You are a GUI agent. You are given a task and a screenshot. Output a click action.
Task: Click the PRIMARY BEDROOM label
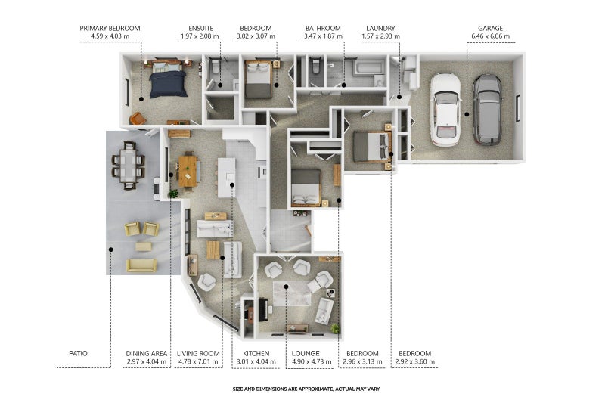click(110, 28)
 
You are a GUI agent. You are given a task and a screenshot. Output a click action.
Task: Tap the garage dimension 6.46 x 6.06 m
click(490, 36)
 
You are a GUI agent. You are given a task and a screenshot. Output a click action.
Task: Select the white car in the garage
click(445, 110)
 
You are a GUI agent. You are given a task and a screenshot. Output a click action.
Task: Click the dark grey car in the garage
click(488, 110)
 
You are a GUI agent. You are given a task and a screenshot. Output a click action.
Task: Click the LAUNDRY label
click(380, 28)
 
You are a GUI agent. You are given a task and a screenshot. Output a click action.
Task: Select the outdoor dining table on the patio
click(128, 166)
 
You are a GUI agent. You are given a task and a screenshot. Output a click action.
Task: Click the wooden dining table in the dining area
click(188, 171)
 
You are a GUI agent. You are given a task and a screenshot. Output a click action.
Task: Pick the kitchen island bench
click(226, 178)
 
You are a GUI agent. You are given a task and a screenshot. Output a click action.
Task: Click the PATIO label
click(78, 353)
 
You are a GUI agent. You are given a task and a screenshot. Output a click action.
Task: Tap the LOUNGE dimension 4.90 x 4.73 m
click(312, 361)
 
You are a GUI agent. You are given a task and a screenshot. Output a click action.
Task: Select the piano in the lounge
click(262, 309)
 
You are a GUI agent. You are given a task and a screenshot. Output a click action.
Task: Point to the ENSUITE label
click(200, 28)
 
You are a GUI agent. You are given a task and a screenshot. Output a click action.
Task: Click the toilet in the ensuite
click(215, 67)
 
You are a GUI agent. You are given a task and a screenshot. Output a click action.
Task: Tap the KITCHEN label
click(256, 353)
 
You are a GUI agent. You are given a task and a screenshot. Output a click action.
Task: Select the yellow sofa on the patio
click(141, 265)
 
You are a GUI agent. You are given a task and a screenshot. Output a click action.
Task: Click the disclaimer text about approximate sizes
click(306, 389)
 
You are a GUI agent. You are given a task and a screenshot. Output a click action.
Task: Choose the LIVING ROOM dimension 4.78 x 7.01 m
click(198, 361)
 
